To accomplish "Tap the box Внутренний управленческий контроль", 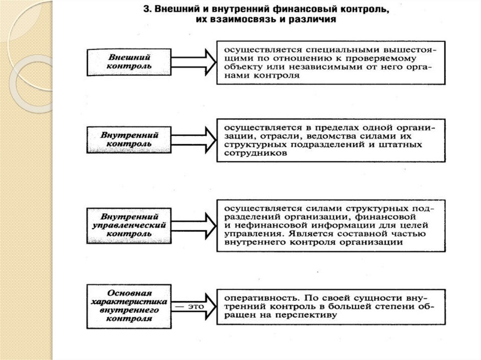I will pyautogui.click(x=128, y=225).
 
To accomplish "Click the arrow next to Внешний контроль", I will pyautogui.click(x=197, y=61).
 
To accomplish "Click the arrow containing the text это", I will pyautogui.click(x=193, y=306).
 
